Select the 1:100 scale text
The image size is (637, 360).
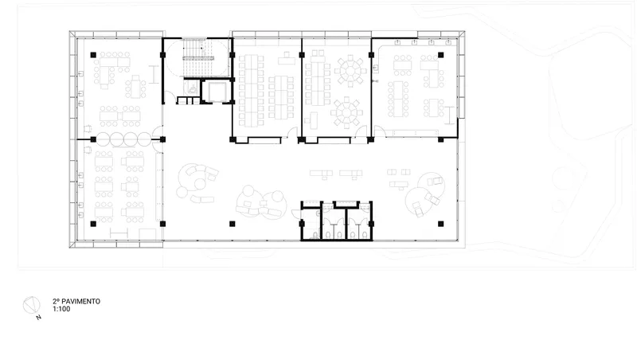tap(61, 309)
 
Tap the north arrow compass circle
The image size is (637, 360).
tap(31, 306)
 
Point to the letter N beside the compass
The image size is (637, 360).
tap(38, 317)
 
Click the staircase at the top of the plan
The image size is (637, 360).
tap(197, 57)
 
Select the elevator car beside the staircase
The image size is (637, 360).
tap(217, 92)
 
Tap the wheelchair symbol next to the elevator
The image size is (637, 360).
tap(192, 88)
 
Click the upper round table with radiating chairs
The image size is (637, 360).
tap(350, 71)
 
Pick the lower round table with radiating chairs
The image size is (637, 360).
tap(346, 112)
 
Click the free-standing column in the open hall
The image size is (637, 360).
tap(233, 224)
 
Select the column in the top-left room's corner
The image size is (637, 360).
tap(93, 55)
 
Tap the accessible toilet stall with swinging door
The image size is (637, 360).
tap(311, 223)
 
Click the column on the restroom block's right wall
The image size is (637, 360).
tap(371, 224)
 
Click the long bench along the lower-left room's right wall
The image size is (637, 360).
tap(158, 187)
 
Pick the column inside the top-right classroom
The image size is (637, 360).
tap(441, 55)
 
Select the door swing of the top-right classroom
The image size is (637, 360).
tap(380, 131)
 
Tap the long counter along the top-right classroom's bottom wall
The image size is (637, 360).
tap(415, 132)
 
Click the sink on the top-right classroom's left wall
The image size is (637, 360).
tap(376, 69)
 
